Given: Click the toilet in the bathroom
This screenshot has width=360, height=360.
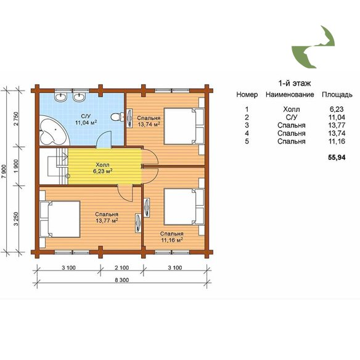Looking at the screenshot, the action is (117, 117).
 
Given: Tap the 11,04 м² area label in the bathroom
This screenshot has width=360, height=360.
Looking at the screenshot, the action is (86, 123).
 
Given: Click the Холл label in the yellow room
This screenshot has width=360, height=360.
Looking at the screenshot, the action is (102, 165).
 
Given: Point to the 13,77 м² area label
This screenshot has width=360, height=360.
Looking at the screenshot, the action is (107, 221).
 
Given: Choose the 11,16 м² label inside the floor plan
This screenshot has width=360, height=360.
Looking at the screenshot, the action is (172, 240).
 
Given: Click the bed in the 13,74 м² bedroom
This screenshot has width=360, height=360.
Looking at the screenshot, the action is (184, 126).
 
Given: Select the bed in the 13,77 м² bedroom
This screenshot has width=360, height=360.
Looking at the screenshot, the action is (60, 219).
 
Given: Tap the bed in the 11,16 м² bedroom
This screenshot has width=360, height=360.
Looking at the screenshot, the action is (184, 207).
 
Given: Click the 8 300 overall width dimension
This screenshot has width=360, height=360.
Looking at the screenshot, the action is (121, 280).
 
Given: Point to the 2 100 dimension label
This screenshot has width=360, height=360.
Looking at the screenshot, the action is (121, 268).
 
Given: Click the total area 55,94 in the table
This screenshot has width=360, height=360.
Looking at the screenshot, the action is (337, 158).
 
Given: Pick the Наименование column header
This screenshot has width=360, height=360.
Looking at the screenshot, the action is (290, 94).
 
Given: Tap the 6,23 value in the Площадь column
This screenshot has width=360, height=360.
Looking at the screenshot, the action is (337, 109).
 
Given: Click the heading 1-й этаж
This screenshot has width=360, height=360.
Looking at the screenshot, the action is (295, 83).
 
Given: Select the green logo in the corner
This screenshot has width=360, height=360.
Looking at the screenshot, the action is (313, 47).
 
